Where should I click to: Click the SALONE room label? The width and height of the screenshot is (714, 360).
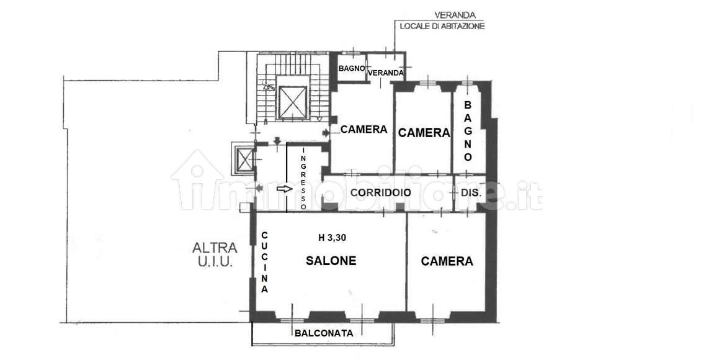tap(331, 261)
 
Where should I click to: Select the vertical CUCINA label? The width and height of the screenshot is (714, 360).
tap(264, 263)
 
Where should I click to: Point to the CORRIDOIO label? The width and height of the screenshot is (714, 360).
tap(381, 193)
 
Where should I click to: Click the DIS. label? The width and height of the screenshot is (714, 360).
tap(471, 193)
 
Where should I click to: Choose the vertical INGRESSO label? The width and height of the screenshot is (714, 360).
tap(304, 178)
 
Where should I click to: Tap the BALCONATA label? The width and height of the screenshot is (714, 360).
tap(324, 333)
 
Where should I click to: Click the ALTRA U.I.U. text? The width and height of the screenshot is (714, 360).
tap(215, 254)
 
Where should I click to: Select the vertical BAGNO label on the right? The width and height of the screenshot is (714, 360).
tap(468, 131)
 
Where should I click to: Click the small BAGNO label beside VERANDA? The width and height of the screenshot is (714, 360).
tap(351, 68)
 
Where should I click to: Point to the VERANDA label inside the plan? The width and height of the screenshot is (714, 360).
tap(385, 73)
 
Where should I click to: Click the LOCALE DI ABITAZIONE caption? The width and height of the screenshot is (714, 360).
tap(442, 26)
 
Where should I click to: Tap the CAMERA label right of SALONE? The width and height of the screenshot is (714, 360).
tap(447, 261)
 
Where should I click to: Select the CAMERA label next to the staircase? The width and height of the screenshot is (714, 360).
tap(364, 130)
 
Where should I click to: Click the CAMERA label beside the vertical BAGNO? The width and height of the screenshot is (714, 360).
tap(424, 133)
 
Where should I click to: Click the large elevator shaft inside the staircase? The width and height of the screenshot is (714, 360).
tap(293, 102)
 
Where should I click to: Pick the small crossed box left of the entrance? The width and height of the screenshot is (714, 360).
tap(246, 160)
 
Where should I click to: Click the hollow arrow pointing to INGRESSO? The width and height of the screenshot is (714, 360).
tap(284, 189)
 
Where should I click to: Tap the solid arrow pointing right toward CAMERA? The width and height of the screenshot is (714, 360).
tap(326, 133)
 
